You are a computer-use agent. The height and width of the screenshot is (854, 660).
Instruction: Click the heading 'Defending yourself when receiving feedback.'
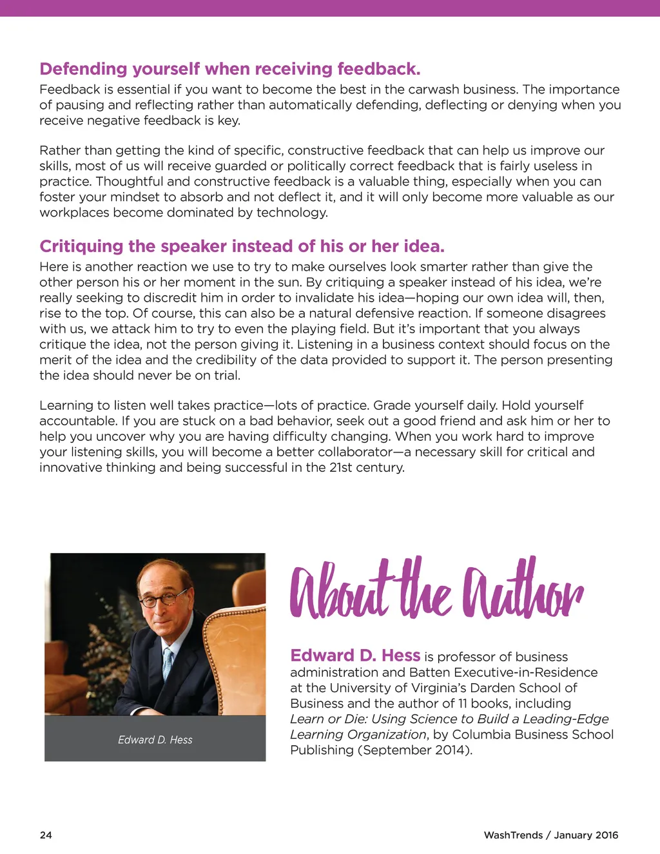(229, 69)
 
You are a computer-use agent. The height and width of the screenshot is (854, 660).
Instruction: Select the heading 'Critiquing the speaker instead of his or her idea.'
(242, 246)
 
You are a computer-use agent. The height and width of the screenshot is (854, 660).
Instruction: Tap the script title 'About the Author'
(436, 588)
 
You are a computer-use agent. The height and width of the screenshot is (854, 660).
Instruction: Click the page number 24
(46, 835)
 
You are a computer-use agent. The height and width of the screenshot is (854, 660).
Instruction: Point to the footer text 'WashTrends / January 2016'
(550, 835)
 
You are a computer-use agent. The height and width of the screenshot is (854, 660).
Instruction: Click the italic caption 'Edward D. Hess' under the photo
(155, 740)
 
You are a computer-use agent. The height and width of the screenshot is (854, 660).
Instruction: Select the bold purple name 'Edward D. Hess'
(355, 655)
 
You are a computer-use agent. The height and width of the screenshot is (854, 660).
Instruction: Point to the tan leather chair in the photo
(238, 651)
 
